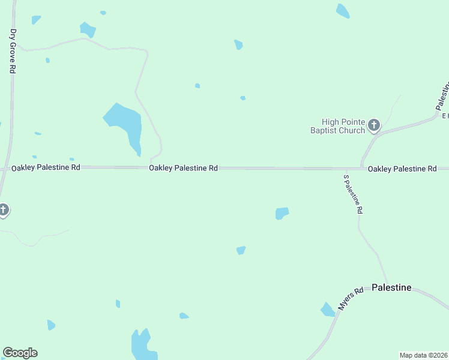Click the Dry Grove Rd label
pos(13,51)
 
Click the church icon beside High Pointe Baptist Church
pos(374,125)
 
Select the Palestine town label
pos(391,287)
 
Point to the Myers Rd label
pos(351,298)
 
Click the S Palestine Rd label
pos(352,195)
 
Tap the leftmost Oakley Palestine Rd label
pos(46,167)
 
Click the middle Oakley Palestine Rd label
pos(183,169)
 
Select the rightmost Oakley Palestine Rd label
pos(402,169)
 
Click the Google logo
pos(20,353)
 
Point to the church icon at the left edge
pos(3,210)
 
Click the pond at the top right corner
pos(343,11)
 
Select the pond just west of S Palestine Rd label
pos(282,213)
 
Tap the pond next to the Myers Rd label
pos(327,310)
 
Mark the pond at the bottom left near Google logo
pos(51,325)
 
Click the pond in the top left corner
pos(36,20)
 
